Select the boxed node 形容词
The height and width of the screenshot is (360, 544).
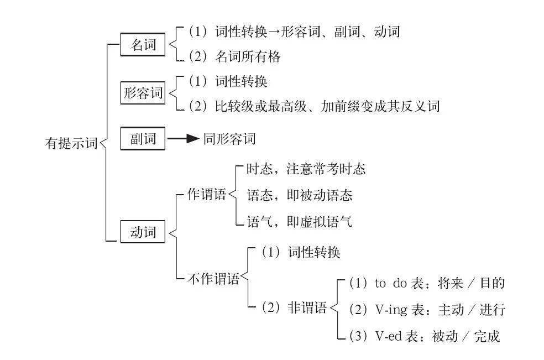143,92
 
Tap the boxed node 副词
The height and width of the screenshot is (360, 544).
143,139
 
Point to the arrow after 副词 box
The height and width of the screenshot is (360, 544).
183,139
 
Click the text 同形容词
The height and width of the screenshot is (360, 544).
229,139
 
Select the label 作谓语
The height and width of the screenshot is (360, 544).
207,195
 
